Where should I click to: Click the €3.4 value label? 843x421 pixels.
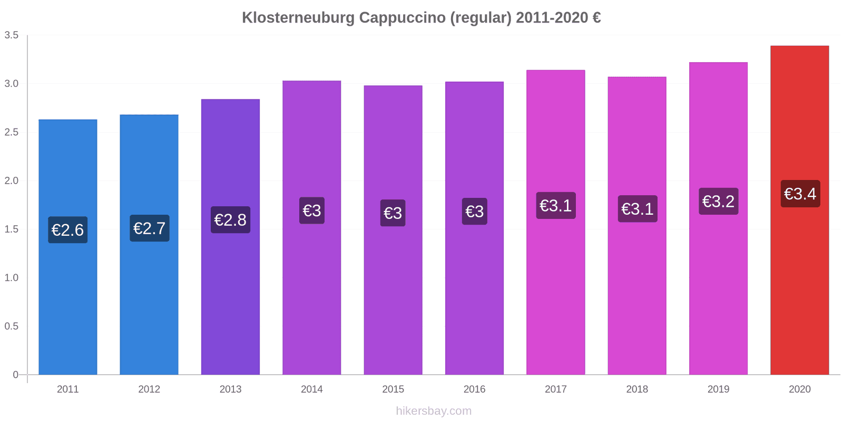coord(800,194)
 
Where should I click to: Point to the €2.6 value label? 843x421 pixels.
coord(68,230)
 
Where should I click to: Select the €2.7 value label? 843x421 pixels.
coord(150,228)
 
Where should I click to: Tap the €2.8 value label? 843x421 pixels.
coord(230,220)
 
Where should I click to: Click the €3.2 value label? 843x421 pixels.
coord(718,201)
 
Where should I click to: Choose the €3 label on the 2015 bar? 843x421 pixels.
coord(393,213)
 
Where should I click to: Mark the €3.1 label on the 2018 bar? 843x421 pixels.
coord(637,209)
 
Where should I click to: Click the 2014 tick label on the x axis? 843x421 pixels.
coord(312,389)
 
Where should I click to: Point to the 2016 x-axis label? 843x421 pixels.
coord(474,389)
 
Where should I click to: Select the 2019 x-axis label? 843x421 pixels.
coord(718,389)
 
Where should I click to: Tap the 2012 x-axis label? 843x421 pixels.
coord(149,389)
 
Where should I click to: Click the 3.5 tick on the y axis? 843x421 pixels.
coord(12,35)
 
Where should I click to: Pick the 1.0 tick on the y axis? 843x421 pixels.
coord(12,278)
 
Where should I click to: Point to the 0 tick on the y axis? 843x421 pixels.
coord(15,375)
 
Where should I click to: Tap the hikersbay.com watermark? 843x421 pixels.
coord(434,411)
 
